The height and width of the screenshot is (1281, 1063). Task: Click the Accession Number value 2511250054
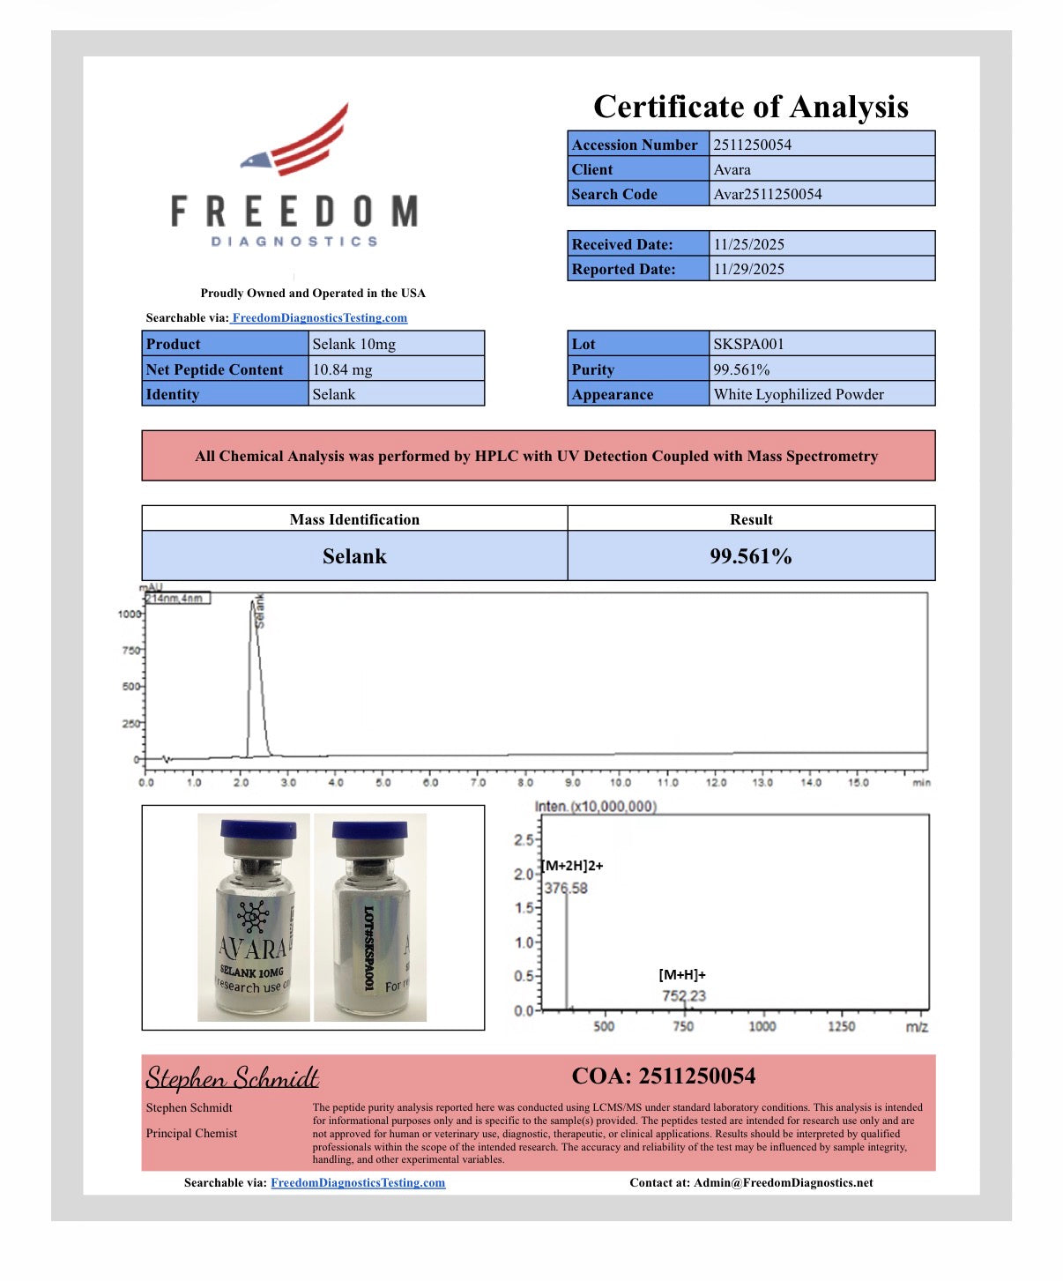tap(752, 145)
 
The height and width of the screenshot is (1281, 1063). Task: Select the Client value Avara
tap(732, 169)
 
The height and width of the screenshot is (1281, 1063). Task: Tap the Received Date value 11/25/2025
tap(748, 244)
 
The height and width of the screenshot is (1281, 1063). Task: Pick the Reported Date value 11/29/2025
tap(748, 269)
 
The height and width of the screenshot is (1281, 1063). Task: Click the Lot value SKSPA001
tap(748, 344)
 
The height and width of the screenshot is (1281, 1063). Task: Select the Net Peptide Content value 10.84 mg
tap(342, 369)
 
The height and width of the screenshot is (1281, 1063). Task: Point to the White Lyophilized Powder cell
tap(799, 394)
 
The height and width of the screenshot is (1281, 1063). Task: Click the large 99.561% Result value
tap(751, 556)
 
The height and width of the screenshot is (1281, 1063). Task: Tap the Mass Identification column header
tap(354, 519)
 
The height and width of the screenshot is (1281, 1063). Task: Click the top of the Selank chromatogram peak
tap(253, 602)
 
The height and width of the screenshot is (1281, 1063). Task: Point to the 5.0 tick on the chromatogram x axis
tap(383, 782)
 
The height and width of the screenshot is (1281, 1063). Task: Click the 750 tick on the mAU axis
tap(130, 651)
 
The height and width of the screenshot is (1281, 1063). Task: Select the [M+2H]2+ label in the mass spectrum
tap(573, 866)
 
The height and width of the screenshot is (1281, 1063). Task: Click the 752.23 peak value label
tap(684, 996)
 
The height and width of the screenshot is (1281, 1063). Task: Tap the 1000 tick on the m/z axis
tap(762, 1026)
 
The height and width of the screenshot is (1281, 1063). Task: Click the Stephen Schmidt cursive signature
tap(232, 1077)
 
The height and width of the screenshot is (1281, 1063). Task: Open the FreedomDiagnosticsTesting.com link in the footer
tap(358, 1183)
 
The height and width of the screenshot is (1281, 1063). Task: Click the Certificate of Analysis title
tap(750, 107)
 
